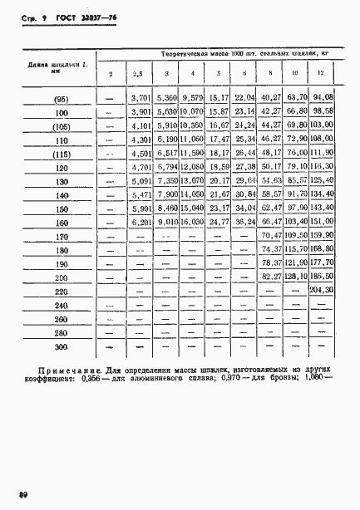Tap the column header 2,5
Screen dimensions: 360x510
point(138,76)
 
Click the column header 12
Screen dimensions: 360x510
point(320,76)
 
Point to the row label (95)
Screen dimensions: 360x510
point(61,98)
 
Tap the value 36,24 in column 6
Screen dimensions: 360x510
point(244,222)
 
